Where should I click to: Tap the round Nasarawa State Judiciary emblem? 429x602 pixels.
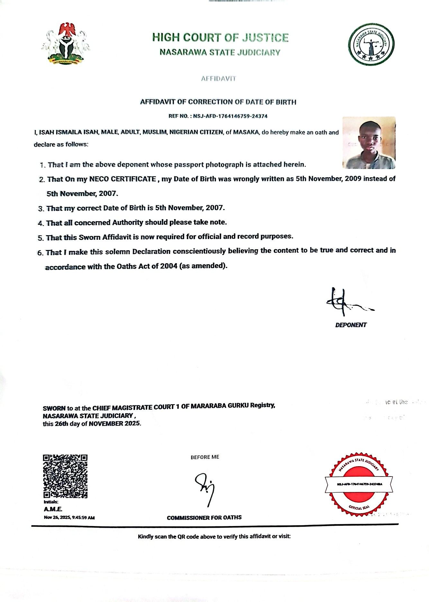[x=371, y=44]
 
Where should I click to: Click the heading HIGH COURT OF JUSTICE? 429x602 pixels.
[x=220, y=38]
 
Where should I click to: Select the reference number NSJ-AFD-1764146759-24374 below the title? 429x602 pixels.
[x=230, y=116]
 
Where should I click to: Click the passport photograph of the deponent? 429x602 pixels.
[x=369, y=143]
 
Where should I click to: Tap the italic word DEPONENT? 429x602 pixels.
[x=351, y=325]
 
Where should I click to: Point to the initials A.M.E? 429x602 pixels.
[x=53, y=509]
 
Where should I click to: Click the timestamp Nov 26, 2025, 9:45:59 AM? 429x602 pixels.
[x=69, y=518]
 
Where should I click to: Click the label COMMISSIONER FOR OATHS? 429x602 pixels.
[x=204, y=518]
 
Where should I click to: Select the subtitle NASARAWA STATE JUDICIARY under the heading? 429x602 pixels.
[x=220, y=52]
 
